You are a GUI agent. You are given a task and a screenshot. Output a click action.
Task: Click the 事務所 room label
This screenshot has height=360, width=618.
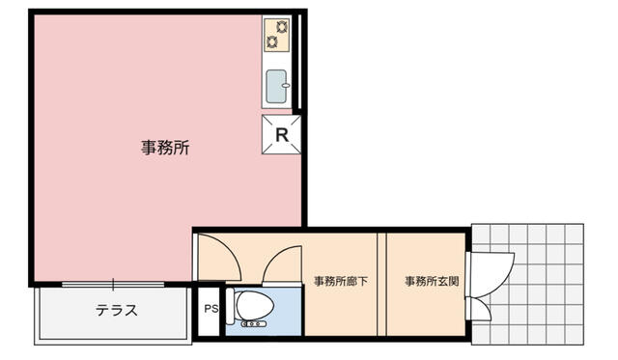pyautogui.click(x=165, y=148)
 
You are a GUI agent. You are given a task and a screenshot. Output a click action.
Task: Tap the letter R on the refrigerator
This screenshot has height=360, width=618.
pyautogui.click(x=282, y=135)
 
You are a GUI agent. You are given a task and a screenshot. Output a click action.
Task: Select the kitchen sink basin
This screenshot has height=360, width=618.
pyautogui.click(x=276, y=86)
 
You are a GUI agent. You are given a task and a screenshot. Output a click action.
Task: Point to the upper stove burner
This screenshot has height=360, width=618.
pyautogui.click(x=282, y=27)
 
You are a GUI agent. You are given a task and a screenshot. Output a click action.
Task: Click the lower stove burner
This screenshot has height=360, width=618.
pyautogui.click(x=272, y=42)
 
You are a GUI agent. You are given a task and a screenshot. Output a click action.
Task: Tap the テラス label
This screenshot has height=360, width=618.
pyautogui.click(x=117, y=310)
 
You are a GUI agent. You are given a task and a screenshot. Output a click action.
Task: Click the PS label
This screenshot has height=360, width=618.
pyautogui.click(x=211, y=309)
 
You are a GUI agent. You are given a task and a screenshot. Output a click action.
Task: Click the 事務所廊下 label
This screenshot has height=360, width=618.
pyautogui.click(x=341, y=281)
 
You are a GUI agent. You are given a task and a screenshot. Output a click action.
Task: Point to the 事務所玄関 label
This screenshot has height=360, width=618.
pyautogui.click(x=432, y=281)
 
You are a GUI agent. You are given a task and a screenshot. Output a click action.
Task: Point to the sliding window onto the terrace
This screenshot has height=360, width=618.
pyautogui.click(x=113, y=284)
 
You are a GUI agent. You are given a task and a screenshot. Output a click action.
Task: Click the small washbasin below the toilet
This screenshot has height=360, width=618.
pyautogui.click(x=253, y=323)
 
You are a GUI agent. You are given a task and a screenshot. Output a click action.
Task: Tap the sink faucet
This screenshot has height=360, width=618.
pyautogui.click(x=286, y=86)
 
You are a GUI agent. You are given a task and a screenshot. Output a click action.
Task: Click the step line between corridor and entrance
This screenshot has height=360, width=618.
pyautogui.click(x=381, y=284)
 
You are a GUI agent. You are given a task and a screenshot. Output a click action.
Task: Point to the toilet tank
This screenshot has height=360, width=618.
pyautogui.click(x=230, y=306)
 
